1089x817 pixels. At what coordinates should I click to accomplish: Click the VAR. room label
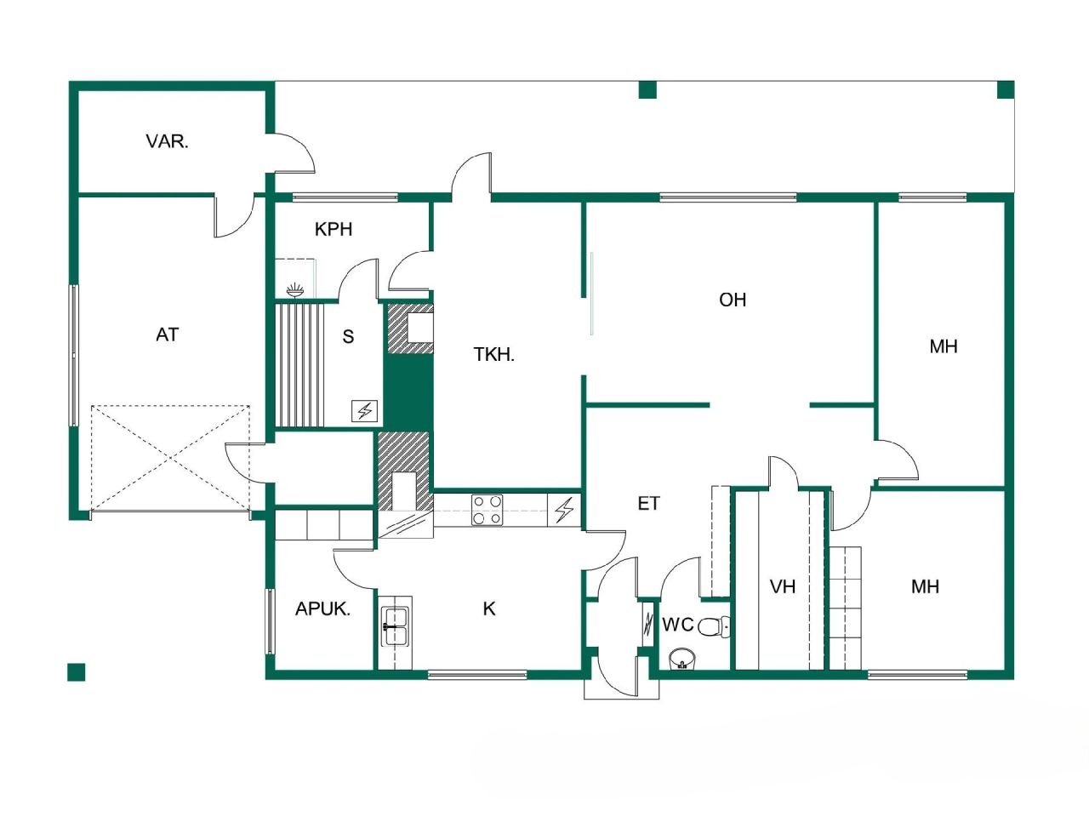click(x=167, y=141)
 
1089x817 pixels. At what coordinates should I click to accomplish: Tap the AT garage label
click(x=167, y=334)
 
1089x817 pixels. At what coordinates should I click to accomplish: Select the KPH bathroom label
click(x=333, y=229)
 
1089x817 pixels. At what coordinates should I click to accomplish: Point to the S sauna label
click(x=348, y=337)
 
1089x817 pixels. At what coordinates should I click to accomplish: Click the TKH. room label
click(x=494, y=355)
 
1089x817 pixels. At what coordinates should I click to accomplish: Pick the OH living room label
click(x=733, y=300)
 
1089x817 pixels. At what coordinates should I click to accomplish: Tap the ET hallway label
click(x=648, y=504)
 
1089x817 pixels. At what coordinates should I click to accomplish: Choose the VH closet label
click(x=782, y=586)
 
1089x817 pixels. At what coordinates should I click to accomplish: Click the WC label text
click(x=677, y=625)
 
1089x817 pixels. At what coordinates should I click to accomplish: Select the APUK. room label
click(x=322, y=609)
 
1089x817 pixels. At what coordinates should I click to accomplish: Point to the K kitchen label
click(x=489, y=608)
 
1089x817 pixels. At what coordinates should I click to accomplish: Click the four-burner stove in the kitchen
click(x=487, y=510)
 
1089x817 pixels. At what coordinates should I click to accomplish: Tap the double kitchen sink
click(x=395, y=626)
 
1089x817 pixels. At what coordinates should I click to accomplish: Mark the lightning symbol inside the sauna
click(x=364, y=412)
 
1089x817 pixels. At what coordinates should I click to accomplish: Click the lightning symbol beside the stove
click(x=564, y=511)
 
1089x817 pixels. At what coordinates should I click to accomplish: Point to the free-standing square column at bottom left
click(x=77, y=672)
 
